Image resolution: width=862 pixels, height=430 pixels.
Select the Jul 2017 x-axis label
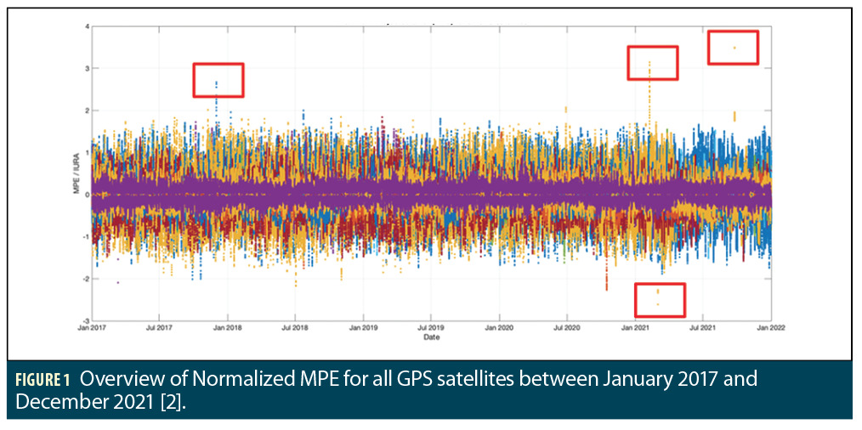(x=158, y=327)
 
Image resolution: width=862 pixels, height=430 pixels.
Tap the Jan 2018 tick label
(x=226, y=327)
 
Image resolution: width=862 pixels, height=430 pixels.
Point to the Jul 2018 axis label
(x=294, y=327)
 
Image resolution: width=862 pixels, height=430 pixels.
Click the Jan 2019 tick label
(x=363, y=327)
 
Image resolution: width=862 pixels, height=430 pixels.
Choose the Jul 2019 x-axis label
(x=431, y=327)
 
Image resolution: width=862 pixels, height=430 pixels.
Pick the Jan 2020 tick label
(x=499, y=327)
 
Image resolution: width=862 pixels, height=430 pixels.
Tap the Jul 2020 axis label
(x=567, y=327)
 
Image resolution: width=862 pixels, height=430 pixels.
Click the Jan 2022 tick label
(x=770, y=327)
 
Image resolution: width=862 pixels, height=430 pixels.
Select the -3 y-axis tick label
(x=84, y=320)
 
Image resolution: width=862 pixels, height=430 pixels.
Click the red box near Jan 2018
(x=218, y=80)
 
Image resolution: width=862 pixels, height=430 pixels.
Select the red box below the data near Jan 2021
(x=660, y=299)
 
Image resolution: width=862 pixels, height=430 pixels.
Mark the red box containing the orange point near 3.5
(x=733, y=48)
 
